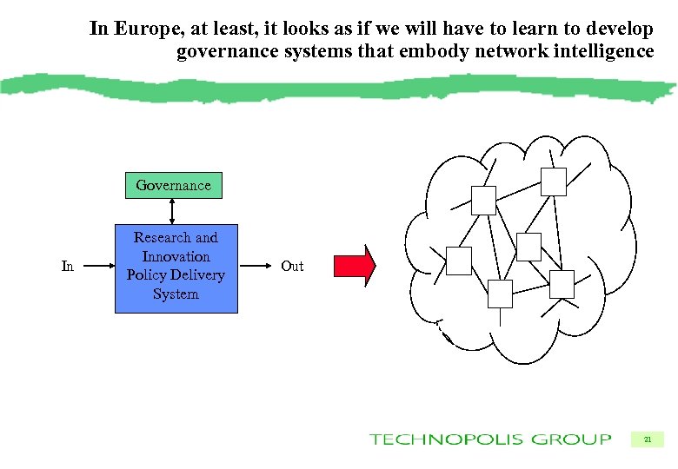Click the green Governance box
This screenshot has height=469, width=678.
[173, 185]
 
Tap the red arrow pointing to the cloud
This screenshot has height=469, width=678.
[356, 266]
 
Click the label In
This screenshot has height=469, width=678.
[68, 266]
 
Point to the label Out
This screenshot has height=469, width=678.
[292, 266]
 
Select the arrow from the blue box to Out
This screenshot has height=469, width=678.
[255, 266]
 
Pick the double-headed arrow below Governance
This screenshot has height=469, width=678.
[173, 211]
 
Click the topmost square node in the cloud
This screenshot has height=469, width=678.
[553, 182]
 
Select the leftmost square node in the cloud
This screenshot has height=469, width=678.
[458, 261]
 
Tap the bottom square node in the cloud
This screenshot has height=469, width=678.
[501, 294]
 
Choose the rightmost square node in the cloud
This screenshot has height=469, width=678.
[562, 284]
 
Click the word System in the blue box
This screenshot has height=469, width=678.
[176, 294]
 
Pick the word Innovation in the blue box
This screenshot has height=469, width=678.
[176, 256]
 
